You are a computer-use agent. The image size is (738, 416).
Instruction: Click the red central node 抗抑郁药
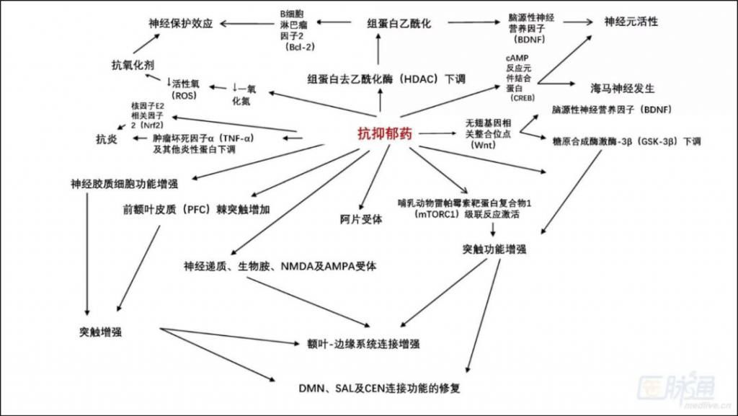pyautogui.click(x=386, y=133)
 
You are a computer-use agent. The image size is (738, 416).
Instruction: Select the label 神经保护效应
pyautogui.click(x=181, y=23)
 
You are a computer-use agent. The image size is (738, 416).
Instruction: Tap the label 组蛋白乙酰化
pyautogui.click(x=399, y=23)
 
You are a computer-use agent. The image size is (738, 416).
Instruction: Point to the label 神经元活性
pyautogui.click(x=631, y=22)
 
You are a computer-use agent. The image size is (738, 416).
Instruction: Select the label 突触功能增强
pyautogui.click(x=494, y=249)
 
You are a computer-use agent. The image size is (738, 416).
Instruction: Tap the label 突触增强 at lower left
pyautogui.click(x=100, y=332)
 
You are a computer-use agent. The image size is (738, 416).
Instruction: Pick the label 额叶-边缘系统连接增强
pyautogui.click(x=363, y=344)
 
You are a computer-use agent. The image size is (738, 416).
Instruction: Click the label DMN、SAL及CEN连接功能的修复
pyautogui.click(x=379, y=388)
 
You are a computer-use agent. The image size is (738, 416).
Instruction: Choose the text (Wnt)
pyautogui.click(x=481, y=145)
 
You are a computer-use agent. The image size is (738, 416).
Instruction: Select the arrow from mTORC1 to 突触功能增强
pyautogui.click(x=493, y=230)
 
